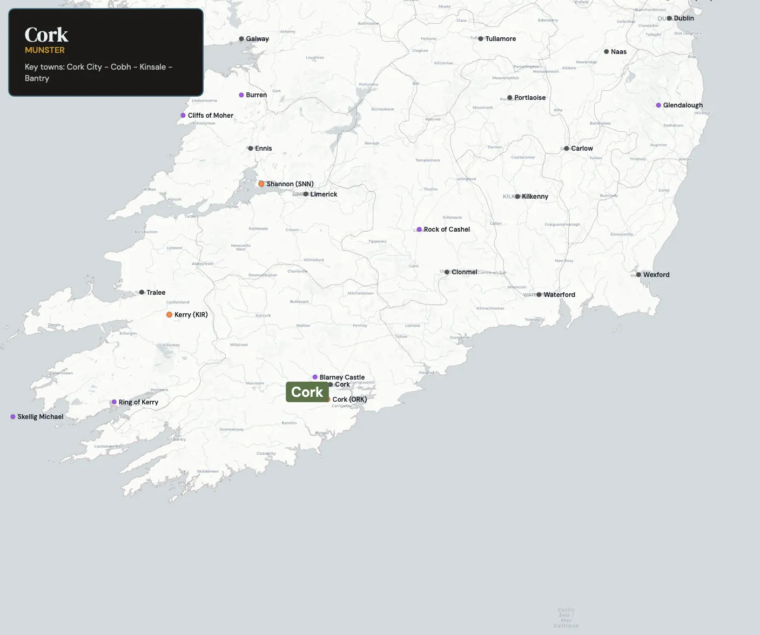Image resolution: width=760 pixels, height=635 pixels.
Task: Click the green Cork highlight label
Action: (307, 392)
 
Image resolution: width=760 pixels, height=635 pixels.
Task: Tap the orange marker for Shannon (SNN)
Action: (261, 184)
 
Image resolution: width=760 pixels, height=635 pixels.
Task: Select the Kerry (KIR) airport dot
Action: (170, 315)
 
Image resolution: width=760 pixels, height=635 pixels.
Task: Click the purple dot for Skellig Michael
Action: (13, 417)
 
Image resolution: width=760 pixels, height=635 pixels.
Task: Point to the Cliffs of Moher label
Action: (211, 116)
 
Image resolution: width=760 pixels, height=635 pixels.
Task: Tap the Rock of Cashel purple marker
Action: (419, 229)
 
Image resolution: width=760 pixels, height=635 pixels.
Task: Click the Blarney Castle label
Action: (342, 377)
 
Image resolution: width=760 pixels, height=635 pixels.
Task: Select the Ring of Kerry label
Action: (138, 402)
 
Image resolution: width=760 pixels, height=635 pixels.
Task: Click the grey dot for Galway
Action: (241, 39)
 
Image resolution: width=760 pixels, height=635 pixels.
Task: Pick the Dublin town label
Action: (684, 18)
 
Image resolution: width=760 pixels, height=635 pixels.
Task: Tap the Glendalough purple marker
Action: (658, 105)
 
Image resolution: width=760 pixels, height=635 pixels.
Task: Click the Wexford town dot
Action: (638, 275)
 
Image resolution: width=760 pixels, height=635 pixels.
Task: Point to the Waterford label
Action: (559, 295)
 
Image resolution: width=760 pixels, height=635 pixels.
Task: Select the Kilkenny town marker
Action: (517, 197)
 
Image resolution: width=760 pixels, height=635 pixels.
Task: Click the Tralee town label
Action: (156, 293)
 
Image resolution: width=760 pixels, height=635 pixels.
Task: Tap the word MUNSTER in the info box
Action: (45, 50)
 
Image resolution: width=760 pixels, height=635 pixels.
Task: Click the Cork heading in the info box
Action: (46, 35)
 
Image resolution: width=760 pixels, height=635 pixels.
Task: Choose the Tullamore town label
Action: (500, 39)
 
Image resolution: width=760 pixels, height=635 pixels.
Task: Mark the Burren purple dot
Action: (241, 95)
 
